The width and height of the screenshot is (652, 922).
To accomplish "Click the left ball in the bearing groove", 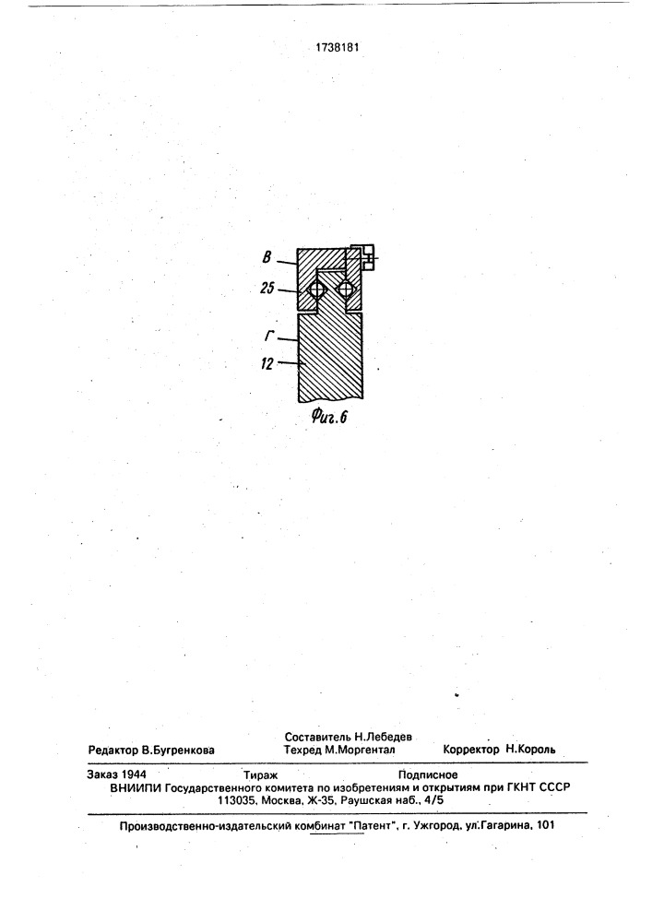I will pyautogui.click(x=316, y=289).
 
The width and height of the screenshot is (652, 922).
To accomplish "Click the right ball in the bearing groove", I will pyautogui.click(x=346, y=289).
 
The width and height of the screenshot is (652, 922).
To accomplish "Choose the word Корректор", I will pyautogui.click(x=471, y=751).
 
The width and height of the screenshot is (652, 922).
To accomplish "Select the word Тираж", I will pyautogui.click(x=261, y=775).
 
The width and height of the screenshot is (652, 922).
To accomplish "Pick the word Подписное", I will pyautogui.click(x=428, y=775).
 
